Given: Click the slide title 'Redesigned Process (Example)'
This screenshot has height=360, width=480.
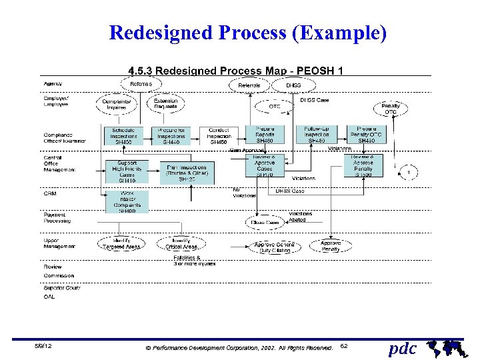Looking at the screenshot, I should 247,33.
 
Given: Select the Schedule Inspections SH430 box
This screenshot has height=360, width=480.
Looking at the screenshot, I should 127,135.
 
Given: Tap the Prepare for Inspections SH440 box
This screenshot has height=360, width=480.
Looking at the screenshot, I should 172,135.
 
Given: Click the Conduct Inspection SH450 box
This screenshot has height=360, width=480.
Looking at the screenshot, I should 219,135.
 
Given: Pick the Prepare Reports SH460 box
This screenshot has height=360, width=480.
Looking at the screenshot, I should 265,135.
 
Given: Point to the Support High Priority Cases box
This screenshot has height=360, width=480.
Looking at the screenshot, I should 127,172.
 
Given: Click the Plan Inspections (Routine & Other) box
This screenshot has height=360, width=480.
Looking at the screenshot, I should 187,173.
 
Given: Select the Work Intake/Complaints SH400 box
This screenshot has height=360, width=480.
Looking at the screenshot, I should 127,202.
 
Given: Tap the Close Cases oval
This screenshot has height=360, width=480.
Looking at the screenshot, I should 265,222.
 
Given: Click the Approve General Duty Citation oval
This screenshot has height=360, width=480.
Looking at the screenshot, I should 275,247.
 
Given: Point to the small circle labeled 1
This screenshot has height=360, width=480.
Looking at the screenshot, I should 408,173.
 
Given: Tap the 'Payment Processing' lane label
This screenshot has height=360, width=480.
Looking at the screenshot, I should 58,218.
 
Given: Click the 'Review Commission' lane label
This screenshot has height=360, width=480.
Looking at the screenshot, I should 59,271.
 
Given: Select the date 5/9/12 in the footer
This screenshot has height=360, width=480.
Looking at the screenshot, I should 44,347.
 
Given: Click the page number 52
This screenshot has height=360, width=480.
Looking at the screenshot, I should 343,347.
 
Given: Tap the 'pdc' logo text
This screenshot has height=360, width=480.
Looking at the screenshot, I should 403,349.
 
